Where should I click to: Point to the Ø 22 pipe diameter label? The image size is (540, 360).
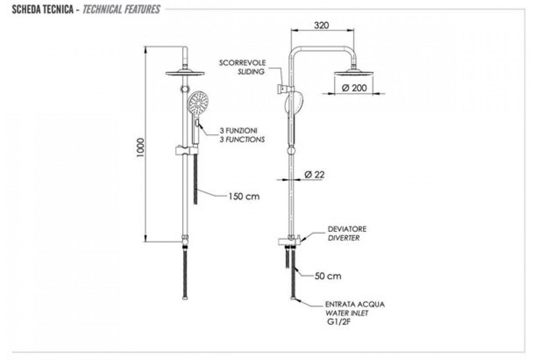tap(315, 175)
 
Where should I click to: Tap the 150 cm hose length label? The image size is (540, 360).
tap(243, 196)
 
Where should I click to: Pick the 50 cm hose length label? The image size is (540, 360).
tap(328, 276)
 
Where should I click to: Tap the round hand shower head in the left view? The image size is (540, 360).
tap(197, 103)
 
